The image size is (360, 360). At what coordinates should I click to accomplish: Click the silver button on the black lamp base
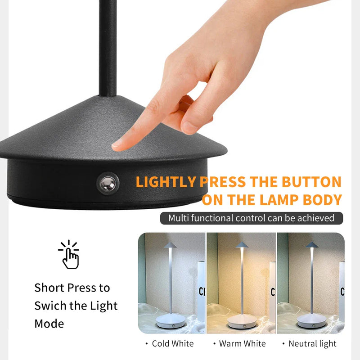[x=108, y=184]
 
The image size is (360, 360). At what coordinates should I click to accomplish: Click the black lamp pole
[x=108, y=48]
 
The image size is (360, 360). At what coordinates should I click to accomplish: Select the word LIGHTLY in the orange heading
[x=166, y=182]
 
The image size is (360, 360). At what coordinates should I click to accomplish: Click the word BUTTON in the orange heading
[x=311, y=182]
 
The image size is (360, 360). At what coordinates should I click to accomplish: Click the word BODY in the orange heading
[x=322, y=200]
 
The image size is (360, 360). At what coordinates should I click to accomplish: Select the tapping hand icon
[x=69, y=255]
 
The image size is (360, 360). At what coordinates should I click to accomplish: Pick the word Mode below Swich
[x=49, y=324]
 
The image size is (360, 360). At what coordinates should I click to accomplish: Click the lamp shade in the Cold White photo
[x=170, y=245]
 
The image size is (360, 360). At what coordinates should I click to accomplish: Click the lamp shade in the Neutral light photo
[x=311, y=245]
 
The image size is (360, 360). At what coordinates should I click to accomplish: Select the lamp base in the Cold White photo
[x=171, y=321]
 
